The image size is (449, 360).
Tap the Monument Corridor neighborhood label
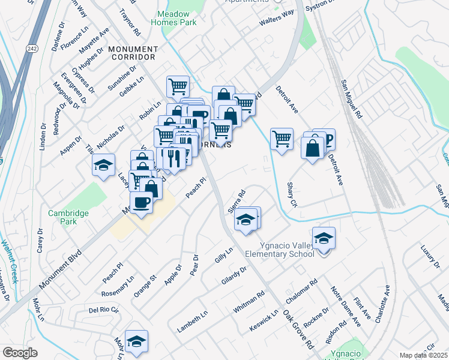click(x=133, y=53)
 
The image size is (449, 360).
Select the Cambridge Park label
click(x=69, y=217)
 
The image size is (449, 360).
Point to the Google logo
click(x=20, y=353)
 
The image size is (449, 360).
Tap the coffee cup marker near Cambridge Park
click(x=142, y=203)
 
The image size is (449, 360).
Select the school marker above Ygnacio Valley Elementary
click(x=324, y=239)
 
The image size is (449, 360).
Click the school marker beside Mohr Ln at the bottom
click(x=137, y=341)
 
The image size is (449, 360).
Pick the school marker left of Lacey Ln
click(x=103, y=164)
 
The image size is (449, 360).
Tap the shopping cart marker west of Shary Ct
click(x=282, y=139)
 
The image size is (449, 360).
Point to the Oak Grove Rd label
click(x=299, y=329)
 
